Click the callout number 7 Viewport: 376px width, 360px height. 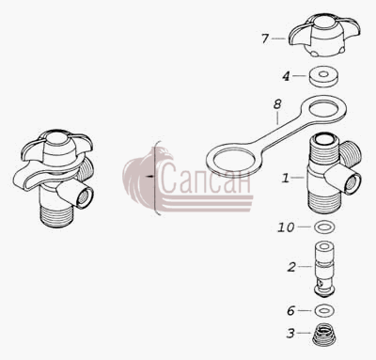265,39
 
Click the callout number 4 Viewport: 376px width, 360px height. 286,76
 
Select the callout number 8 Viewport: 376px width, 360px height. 277,104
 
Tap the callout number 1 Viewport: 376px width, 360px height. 285,178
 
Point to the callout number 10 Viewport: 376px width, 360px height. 286,227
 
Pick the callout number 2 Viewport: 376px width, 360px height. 291,267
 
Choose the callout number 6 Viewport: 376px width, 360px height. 291,311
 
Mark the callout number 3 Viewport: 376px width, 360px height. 290,334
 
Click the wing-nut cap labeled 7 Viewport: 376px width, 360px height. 324,35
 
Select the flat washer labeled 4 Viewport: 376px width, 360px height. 324,76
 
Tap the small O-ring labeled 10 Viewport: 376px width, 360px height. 324,227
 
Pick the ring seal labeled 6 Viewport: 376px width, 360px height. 324,311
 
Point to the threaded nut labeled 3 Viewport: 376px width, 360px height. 324,335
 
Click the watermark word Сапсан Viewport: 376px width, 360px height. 206,180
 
